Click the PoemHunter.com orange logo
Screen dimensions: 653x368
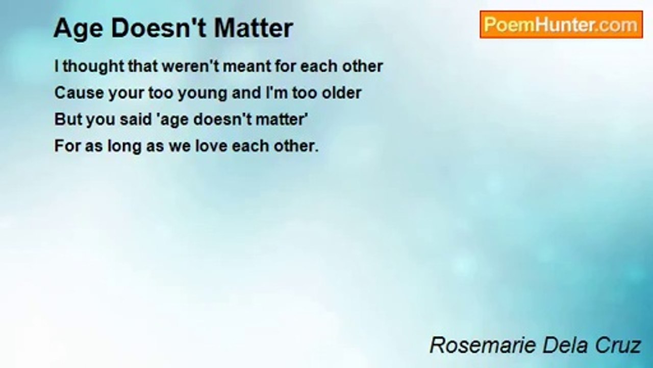[561, 25]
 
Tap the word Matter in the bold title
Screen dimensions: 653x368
[254, 28]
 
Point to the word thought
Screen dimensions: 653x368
[93, 67]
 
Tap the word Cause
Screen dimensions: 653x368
[79, 93]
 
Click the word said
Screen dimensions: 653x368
[136, 120]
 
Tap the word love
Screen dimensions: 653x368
[211, 146]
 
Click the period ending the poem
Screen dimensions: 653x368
[317, 151]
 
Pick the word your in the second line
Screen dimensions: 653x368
[126, 94]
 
